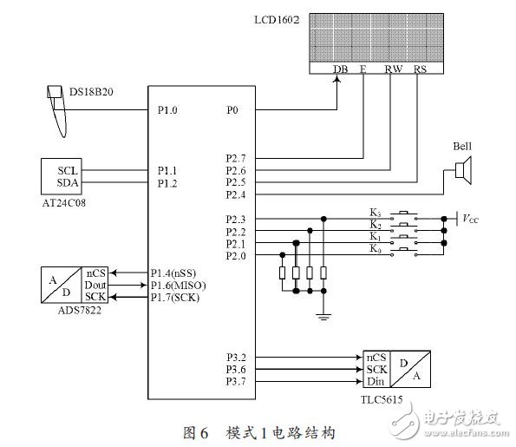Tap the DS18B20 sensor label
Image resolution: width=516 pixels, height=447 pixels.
click(x=99, y=91)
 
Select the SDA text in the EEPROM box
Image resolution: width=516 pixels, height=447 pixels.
click(x=68, y=182)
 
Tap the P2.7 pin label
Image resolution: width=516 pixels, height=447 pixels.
click(x=235, y=159)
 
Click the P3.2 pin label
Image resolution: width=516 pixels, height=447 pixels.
click(x=235, y=357)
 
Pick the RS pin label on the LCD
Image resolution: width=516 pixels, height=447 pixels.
click(x=420, y=69)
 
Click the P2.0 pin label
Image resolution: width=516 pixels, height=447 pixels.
click(x=235, y=255)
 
